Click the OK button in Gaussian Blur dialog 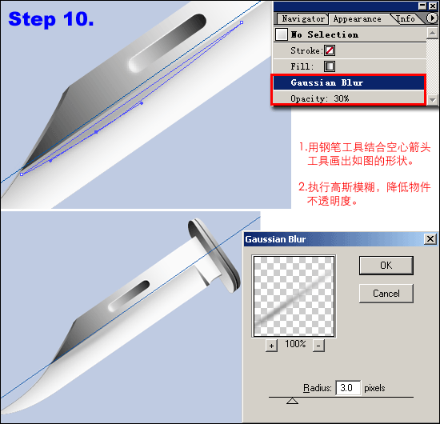tap(386, 265)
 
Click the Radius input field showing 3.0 tap(348, 388)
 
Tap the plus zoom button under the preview tap(271, 346)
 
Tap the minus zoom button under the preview tap(318, 346)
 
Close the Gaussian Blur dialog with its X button tap(430, 239)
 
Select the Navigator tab tap(302, 19)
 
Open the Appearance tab tap(358, 19)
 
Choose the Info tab tap(406, 19)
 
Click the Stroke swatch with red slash tap(330, 50)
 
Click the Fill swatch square tap(330, 66)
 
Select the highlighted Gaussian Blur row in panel tap(349, 82)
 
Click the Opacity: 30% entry tap(320, 98)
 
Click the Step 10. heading tap(51, 19)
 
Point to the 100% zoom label tap(295, 344)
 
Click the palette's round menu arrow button tap(431, 18)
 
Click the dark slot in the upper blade tap(168, 42)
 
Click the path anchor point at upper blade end tap(242, 22)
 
